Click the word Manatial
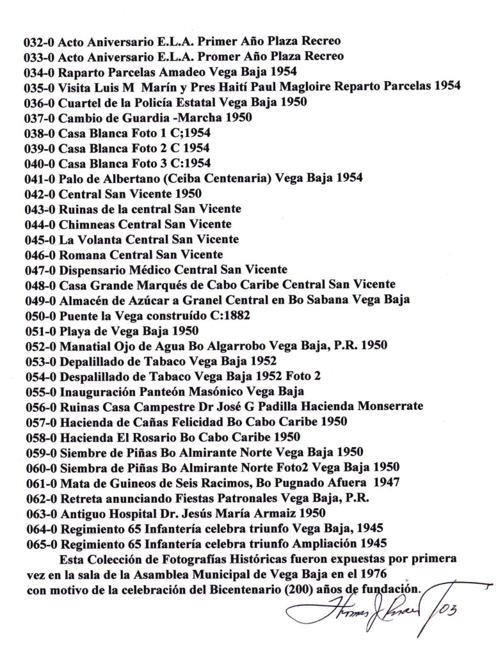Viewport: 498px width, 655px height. click(84, 345)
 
